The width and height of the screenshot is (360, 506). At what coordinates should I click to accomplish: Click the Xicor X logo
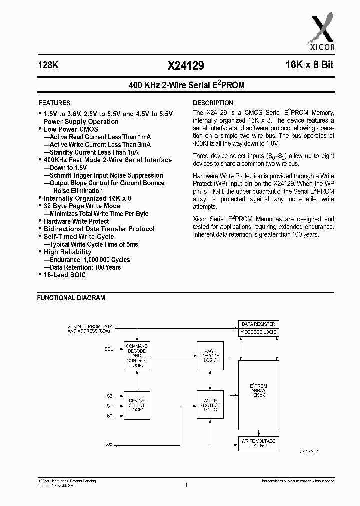click(323, 31)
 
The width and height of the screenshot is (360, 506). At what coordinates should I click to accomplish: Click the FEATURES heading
click(55, 103)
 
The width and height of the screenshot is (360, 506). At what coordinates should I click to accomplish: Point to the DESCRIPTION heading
click(213, 103)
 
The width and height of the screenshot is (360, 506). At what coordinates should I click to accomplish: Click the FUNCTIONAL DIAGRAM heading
click(71, 298)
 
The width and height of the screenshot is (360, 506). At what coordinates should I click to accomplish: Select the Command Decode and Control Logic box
click(136, 355)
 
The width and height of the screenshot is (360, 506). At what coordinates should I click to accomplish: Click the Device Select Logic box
click(136, 405)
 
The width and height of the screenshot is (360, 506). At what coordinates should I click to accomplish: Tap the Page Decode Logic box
click(210, 355)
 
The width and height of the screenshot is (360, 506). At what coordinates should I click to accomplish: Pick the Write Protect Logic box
click(210, 405)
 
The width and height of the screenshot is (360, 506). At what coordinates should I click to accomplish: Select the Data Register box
click(258, 324)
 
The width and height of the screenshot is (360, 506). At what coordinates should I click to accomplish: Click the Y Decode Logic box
click(258, 332)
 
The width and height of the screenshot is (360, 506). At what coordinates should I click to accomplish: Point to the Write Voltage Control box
click(258, 443)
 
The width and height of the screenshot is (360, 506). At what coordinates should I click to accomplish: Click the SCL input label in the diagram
click(109, 349)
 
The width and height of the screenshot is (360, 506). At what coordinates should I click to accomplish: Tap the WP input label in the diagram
click(109, 444)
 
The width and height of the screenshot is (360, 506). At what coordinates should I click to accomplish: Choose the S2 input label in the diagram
click(109, 396)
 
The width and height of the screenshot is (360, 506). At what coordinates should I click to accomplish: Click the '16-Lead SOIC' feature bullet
click(64, 275)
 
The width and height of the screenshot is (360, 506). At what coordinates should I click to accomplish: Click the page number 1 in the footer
click(185, 484)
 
